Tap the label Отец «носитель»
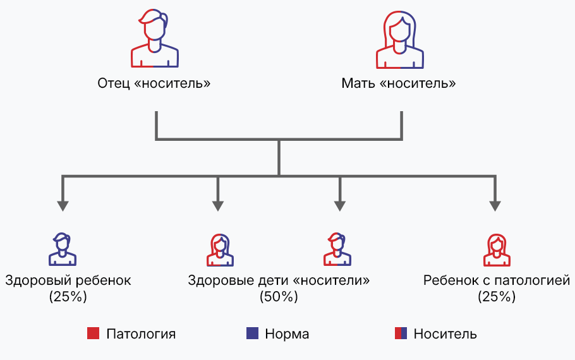pyautogui.click(x=154, y=83)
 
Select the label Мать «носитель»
pyautogui.click(x=399, y=83)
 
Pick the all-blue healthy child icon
pyautogui.click(x=63, y=249)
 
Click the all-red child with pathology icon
pyautogui.click(x=497, y=249)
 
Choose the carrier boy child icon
pyautogui.click(x=337, y=249)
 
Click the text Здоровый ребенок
pyautogui.click(x=68, y=280)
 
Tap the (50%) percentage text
pyautogui.click(x=279, y=296)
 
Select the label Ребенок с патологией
pyautogui.click(x=497, y=280)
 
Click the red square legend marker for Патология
pyautogui.click(x=94, y=333)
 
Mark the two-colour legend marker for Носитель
pyautogui.click(x=401, y=333)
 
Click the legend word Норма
pyautogui.click(x=287, y=334)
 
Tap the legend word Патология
pyautogui.click(x=140, y=334)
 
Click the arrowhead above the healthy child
pyautogui.click(x=63, y=205)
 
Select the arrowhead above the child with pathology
pyautogui.click(x=495, y=205)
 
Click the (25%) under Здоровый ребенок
pyautogui.click(x=68, y=296)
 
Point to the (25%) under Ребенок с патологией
pyautogui.click(x=497, y=296)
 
